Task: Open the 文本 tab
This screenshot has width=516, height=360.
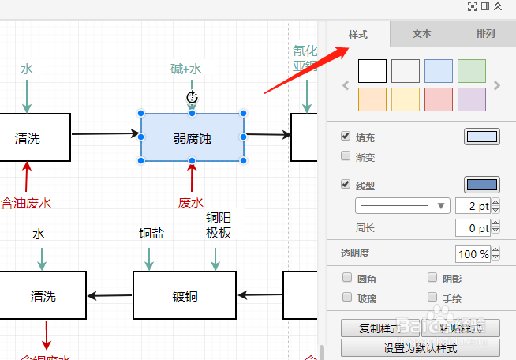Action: (422, 34)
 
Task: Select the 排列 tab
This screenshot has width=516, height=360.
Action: (485, 34)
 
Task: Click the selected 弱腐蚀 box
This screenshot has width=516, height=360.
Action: (193, 138)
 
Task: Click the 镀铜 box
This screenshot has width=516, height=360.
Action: (184, 296)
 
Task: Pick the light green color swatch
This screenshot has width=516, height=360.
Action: (472, 71)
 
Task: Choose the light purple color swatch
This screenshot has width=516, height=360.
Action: (472, 99)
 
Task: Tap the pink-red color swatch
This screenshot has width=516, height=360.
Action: (439, 99)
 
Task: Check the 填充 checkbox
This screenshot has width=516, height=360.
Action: (346, 137)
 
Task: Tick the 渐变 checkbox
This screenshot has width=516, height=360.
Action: (346, 156)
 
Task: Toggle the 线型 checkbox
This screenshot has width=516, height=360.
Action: (346, 185)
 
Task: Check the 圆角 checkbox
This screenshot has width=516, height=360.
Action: (346, 278)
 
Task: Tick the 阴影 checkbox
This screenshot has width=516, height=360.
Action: (432, 278)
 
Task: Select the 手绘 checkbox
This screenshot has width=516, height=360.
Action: (432, 298)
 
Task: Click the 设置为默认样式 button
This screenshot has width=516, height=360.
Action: (421, 348)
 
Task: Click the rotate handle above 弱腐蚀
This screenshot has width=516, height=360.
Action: (192, 98)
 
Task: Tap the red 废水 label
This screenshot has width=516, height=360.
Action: (191, 202)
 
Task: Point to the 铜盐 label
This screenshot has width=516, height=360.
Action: (151, 234)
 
